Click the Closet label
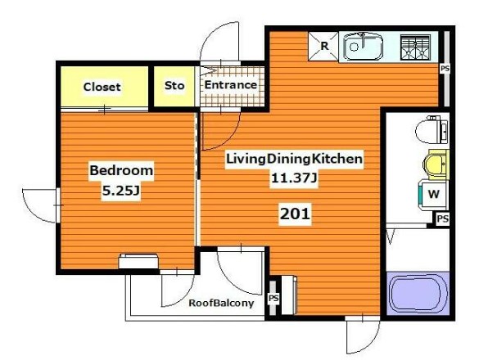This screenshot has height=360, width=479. pos(102,87)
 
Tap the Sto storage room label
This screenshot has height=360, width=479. pos(174,85)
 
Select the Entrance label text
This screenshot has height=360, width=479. pos(231,85)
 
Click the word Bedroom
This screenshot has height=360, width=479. pos(121,170)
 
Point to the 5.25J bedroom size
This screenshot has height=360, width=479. pos(120,191)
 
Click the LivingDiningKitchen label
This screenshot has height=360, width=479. pos(294,159)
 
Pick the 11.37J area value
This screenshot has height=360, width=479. pos(294,178)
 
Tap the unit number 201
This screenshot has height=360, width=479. pos(295,214)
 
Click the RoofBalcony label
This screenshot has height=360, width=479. pos(221,304)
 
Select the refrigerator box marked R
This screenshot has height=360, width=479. pos(323,46)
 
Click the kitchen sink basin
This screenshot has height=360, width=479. pos(363,47)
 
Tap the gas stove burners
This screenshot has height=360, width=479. pos(415,47)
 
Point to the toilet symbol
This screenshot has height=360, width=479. pos(432,130)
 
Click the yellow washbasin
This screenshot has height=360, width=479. pos(436,164)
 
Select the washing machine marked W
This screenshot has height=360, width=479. pos(433,195)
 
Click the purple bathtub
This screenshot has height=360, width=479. pos(418,294)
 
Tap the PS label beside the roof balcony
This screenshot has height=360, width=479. pos(273,299)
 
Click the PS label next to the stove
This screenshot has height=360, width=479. pos(445,69)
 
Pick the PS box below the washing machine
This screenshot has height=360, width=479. pos(442,218)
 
